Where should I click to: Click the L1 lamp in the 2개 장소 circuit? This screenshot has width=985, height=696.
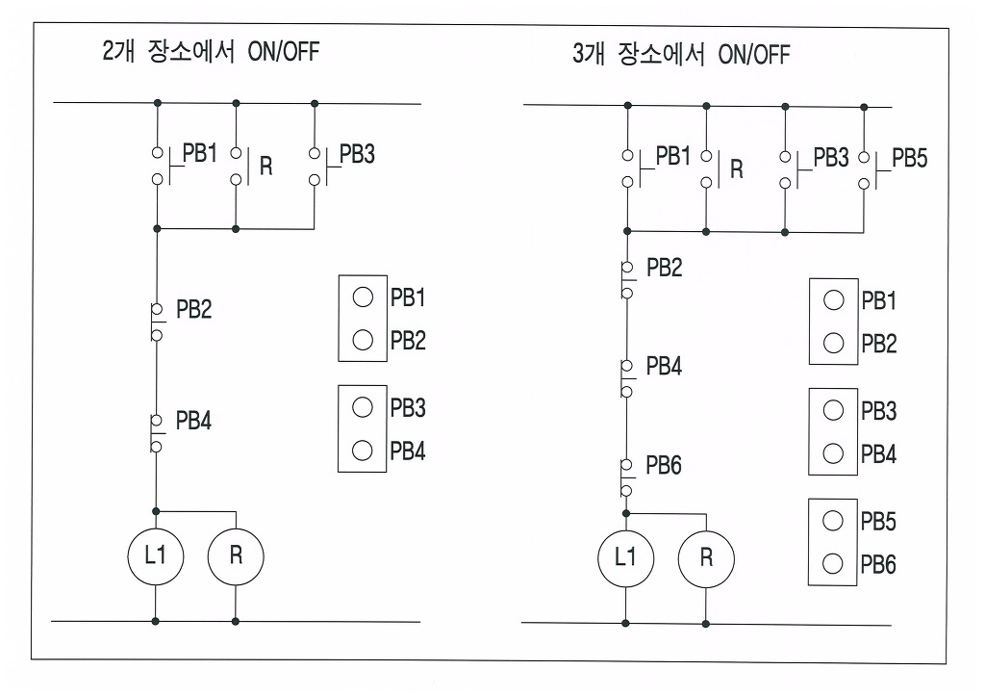tap(156, 555)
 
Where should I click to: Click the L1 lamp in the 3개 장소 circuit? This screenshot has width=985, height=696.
tap(626, 557)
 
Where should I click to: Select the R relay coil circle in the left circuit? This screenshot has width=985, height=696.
tap(236, 555)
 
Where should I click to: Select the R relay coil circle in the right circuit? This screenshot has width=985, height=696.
tap(706, 557)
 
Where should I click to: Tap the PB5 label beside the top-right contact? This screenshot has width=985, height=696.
tap(909, 158)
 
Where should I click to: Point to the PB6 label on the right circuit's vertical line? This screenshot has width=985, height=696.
tap(664, 466)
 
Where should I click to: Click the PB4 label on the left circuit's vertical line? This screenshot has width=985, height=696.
tap(193, 421)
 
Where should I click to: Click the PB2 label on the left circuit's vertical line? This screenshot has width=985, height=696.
tap(193, 310)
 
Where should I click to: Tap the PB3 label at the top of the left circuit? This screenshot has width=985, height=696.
tap(357, 155)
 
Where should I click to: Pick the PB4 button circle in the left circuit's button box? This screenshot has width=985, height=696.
tap(363, 450)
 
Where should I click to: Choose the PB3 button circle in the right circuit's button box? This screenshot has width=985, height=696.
tap(834, 411)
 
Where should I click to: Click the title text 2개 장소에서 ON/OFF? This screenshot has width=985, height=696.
tap(210, 51)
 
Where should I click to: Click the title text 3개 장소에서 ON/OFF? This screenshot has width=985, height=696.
tap(680, 54)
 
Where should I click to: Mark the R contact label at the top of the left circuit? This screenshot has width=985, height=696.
tap(266, 166)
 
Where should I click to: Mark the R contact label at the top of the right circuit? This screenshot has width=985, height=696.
tap(737, 169)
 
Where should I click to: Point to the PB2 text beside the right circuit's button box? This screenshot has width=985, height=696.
tap(878, 344)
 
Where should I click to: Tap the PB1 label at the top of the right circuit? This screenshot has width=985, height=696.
tap(673, 156)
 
